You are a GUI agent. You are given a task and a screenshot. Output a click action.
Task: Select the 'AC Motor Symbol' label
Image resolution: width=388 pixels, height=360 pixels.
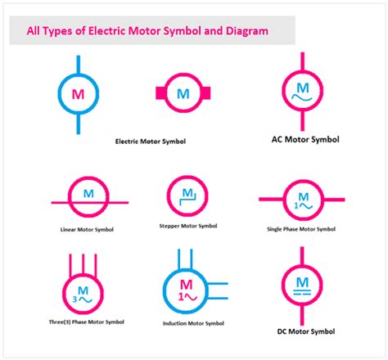[305, 139]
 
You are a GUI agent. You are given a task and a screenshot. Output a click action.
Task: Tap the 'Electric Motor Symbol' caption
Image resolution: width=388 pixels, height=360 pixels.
[150, 141]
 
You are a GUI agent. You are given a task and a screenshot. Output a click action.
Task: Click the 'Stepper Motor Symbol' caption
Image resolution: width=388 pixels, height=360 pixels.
[188, 225]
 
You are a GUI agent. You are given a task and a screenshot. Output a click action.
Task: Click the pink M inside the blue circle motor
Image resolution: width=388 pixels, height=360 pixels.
[79, 94]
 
